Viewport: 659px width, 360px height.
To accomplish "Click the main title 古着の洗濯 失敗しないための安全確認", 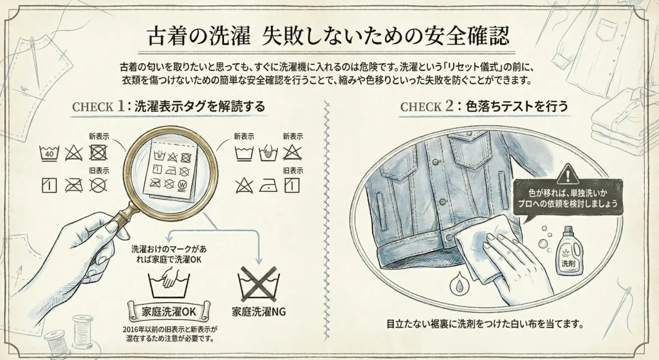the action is (328, 36).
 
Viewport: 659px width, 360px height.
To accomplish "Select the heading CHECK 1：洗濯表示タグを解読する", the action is (169, 106).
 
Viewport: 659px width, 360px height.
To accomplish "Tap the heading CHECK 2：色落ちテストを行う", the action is (484, 106).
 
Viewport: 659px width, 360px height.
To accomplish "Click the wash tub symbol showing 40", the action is (49, 153).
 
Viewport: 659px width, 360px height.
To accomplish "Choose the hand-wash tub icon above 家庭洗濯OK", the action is (169, 284).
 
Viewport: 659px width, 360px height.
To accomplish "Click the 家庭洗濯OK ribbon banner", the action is (169, 311).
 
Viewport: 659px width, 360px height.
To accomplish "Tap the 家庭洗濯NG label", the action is (259, 312).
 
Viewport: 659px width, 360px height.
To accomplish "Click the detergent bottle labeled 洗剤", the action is (570, 252).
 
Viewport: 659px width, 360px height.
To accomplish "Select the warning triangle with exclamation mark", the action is (568, 173).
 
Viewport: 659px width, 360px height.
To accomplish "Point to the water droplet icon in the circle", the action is (459, 284).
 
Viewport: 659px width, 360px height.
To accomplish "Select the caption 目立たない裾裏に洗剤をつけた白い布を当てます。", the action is (485, 325).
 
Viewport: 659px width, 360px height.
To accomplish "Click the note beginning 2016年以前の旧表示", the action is (170, 334).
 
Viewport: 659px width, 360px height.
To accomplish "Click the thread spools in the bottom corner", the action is (70, 334).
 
